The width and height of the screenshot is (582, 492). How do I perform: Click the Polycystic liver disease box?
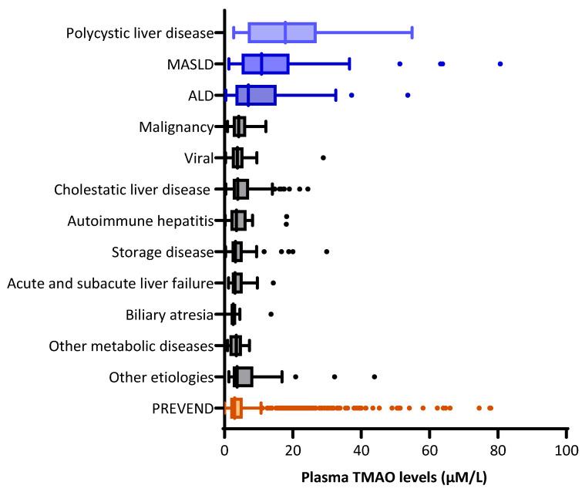point(282,32)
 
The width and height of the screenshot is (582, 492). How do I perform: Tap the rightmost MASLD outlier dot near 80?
point(500,63)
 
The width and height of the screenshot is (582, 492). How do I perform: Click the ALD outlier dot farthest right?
point(408,95)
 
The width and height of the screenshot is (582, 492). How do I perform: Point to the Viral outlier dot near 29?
point(323,157)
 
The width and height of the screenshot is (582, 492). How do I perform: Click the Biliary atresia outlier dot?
point(271,314)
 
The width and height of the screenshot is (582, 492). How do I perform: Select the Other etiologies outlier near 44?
point(375,376)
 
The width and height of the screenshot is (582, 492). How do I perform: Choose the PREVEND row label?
point(183,408)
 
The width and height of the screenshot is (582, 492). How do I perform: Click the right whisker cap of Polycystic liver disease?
point(412,32)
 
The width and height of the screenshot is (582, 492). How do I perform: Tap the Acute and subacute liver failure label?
point(109,283)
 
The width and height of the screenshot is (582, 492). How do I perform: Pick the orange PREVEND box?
point(237,408)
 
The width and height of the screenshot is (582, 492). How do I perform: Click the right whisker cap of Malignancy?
point(266,126)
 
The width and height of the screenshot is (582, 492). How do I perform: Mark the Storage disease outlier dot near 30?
point(327,251)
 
